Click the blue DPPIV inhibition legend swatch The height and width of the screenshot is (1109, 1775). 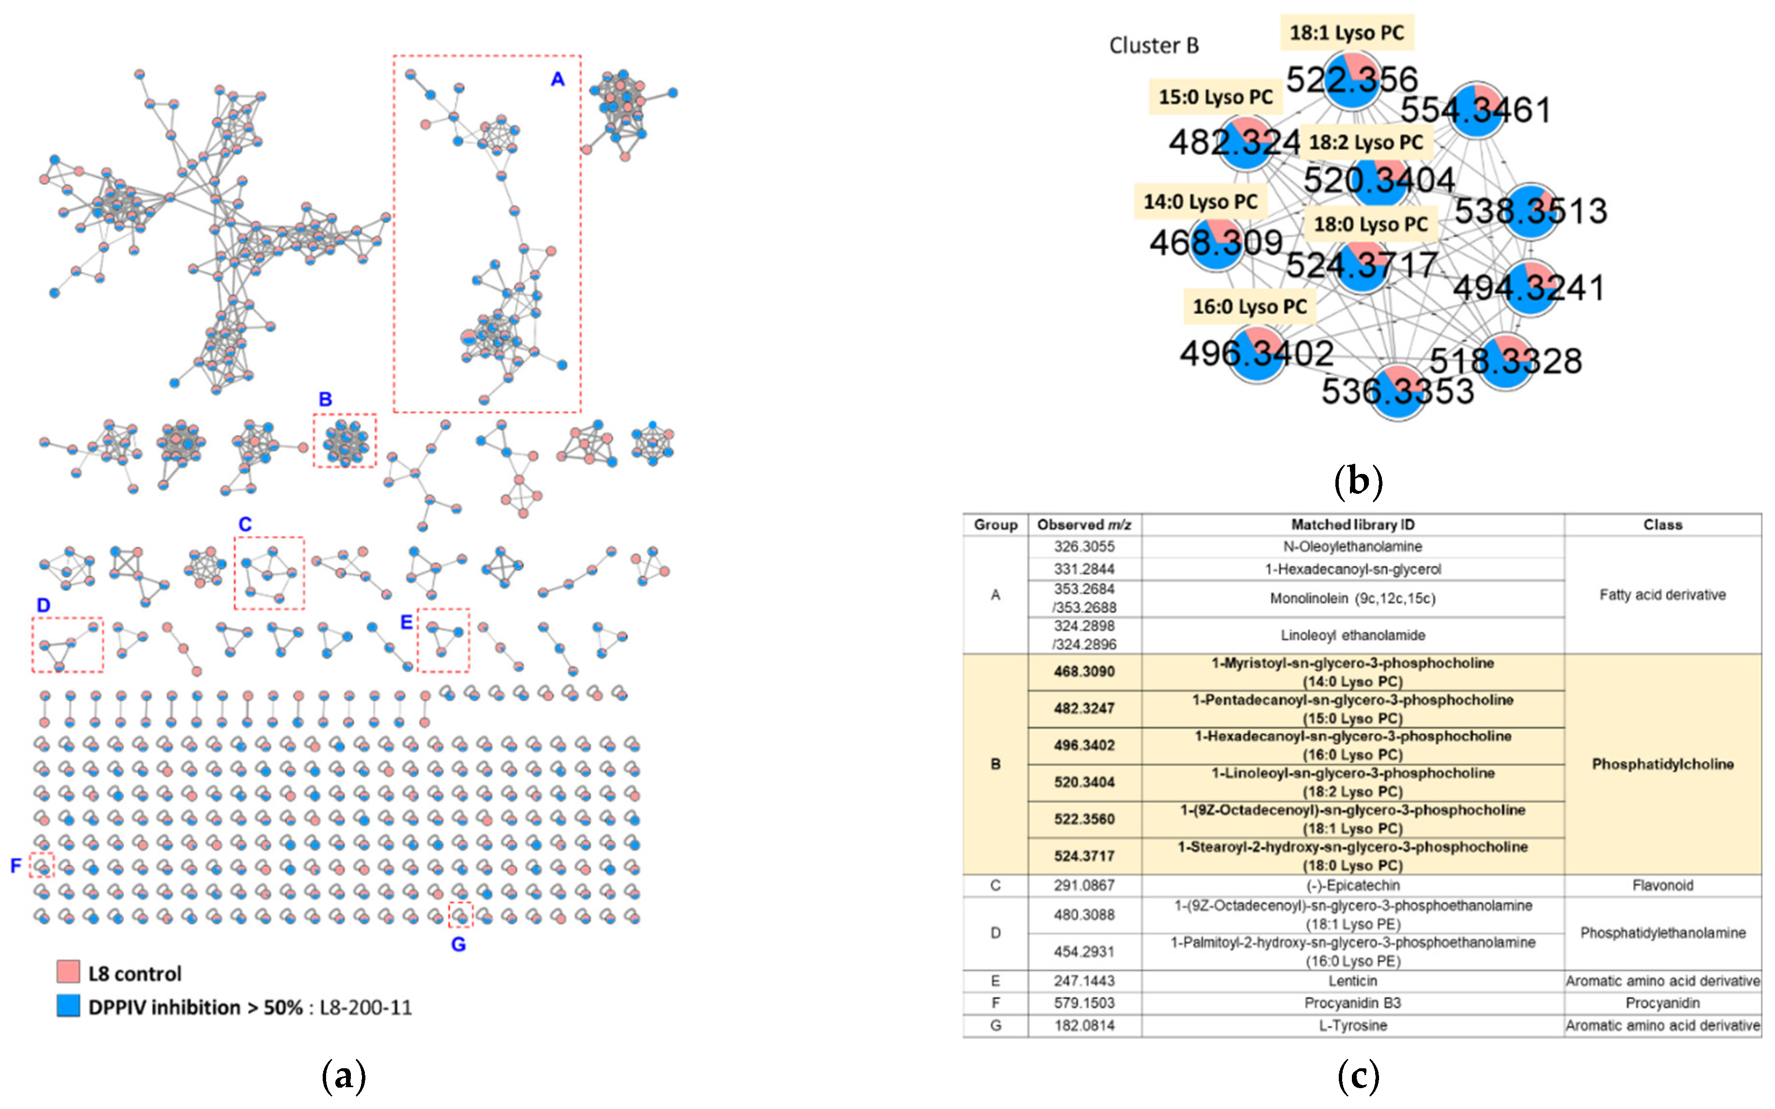[68, 1006]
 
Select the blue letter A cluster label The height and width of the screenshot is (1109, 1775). [558, 79]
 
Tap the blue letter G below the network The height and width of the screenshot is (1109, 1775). [459, 944]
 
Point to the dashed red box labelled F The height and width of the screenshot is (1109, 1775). [42, 865]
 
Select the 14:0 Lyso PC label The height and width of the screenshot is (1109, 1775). [1200, 202]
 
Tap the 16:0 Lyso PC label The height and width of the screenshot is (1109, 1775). [1249, 307]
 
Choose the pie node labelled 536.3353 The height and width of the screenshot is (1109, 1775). [1398, 391]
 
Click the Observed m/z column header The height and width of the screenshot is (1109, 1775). [1084, 524]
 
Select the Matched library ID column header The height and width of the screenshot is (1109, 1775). [1352, 524]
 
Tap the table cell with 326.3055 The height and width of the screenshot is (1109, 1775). [1084, 546]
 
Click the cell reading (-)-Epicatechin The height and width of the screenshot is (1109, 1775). [1352, 885]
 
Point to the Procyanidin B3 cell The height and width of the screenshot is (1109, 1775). [1352, 1003]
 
